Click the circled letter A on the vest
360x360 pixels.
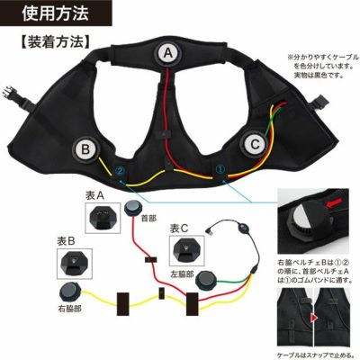(x=167, y=54)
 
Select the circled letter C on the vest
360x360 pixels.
(x=256, y=142)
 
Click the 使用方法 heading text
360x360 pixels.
(x=38, y=13)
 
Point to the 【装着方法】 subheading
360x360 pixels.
(x=51, y=41)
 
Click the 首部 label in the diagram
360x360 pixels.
(x=149, y=216)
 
